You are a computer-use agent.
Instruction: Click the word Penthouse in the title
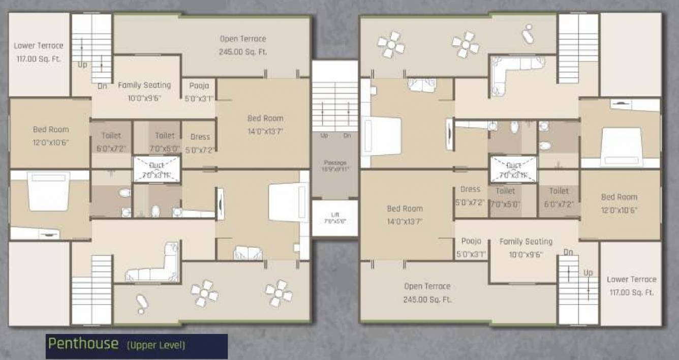(83, 344)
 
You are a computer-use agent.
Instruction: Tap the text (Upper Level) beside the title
(156, 346)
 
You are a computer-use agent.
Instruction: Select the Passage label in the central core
(335, 163)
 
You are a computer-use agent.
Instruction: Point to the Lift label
(334, 215)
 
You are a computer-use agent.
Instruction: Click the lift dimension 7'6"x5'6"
(334, 221)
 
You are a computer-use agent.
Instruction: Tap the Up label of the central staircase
(324, 136)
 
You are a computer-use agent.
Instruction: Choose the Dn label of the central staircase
(347, 136)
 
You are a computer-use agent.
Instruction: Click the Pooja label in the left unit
(199, 85)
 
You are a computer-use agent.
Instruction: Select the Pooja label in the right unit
(471, 241)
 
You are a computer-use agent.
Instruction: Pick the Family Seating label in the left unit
(144, 85)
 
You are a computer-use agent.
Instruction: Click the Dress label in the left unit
(200, 137)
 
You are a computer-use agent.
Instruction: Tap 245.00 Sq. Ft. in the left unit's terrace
(243, 52)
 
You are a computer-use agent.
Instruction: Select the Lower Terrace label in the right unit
(631, 280)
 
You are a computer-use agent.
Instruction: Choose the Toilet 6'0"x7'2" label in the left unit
(111, 136)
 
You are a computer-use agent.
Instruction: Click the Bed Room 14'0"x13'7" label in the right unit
(405, 208)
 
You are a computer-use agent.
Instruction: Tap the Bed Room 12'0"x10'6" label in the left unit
(51, 130)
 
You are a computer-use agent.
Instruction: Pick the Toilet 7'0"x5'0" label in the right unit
(505, 191)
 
